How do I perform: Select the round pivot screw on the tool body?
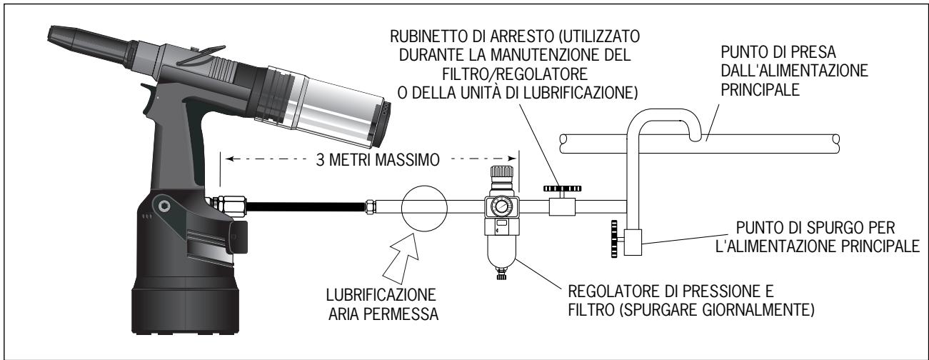coord(166,206)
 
